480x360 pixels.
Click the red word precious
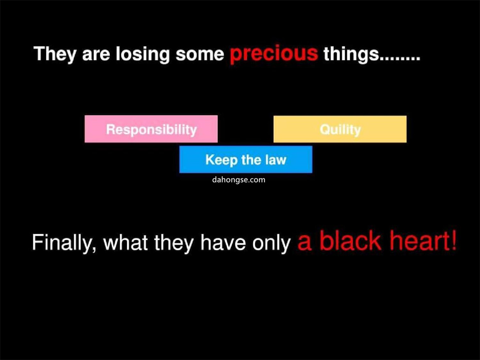point(274,54)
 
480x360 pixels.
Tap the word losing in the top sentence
point(142,55)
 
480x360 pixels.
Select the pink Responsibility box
point(151,129)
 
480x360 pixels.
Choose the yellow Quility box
point(340,129)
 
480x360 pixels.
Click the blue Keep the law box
point(246,160)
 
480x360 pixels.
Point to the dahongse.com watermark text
point(239,180)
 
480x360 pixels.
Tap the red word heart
point(420,240)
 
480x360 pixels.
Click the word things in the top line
point(351,55)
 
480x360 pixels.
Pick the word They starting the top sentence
point(55,55)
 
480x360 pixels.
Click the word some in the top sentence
point(200,55)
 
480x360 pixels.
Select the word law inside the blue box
point(276,160)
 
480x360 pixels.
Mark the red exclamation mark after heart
point(454,240)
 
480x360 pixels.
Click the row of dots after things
point(400,59)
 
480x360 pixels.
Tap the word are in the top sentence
point(96,56)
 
